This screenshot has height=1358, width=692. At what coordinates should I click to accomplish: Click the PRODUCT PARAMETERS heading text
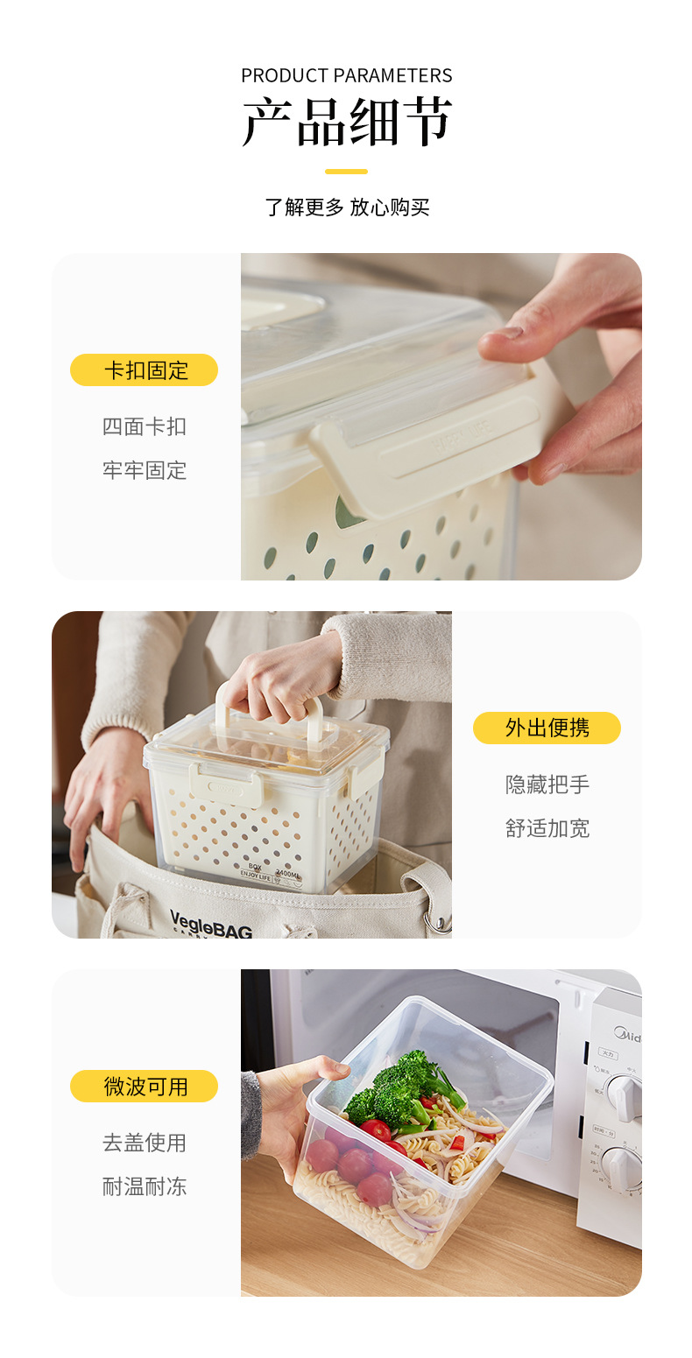click(x=346, y=75)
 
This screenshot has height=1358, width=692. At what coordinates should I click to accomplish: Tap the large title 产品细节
click(x=346, y=122)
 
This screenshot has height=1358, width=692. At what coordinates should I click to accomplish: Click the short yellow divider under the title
click(x=346, y=172)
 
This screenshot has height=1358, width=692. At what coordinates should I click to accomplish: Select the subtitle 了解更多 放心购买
click(x=346, y=208)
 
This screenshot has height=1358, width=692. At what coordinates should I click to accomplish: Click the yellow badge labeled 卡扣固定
click(x=144, y=370)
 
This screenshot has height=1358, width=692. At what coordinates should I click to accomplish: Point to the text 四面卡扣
click(x=144, y=427)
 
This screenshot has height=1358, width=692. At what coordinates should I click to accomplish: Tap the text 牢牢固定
click(x=144, y=471)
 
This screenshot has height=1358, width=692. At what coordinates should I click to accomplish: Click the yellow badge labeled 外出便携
click(x=547, y=728)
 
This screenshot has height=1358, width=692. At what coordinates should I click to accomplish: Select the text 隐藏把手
click(x=547, y=785)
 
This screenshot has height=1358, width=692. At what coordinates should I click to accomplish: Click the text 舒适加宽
click(x=547, y=828)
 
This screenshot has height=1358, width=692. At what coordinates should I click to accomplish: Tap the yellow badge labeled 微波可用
click(x=144, y=1087)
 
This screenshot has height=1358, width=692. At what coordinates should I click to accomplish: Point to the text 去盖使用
click(x=144, y=1143)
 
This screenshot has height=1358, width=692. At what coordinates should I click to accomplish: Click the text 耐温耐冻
click(x=144, y=1187)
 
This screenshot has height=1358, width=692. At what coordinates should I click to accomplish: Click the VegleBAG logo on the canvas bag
click(x=210, y=922)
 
